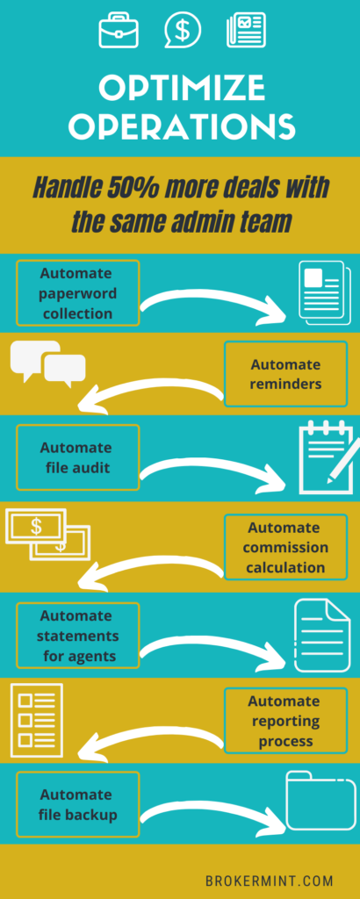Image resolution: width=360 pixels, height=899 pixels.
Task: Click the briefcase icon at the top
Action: pyautogui.click(x=119, y=32)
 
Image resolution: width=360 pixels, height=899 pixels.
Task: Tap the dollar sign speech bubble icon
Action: pyautogui.click(x=181, y=31)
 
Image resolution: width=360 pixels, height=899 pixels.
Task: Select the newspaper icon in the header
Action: pyautogui.click(x=245, y=31)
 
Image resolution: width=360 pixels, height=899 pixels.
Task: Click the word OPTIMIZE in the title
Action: pyautogui.click(x=181, y=90)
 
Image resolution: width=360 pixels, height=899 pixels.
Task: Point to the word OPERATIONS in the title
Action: pyautogui.click(x=181, y=127)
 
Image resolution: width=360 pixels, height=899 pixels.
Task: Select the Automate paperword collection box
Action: pyautogui.click(x=77, y=292)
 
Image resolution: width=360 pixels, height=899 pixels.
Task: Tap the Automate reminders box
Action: pyautogui.click(x=285, y=374)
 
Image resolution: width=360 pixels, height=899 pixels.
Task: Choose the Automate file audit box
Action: pyautogui.click(x=77, y=457)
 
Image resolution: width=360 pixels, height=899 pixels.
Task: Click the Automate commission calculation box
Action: pyautogui.click(x=285, y=548)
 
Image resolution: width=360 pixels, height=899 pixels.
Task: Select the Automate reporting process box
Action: pyautogui.click(x=285, y=721)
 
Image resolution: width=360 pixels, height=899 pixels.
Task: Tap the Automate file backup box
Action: pyautogui.click(x=77, y=804)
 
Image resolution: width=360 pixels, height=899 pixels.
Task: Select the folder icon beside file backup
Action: pyautogui.click(x=320, y=800)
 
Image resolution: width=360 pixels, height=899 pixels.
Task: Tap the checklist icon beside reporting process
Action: pyautogui.click(x=37, y=719)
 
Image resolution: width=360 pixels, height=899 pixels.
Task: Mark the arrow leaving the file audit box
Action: pyautogui.click(x=215, y=474)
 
